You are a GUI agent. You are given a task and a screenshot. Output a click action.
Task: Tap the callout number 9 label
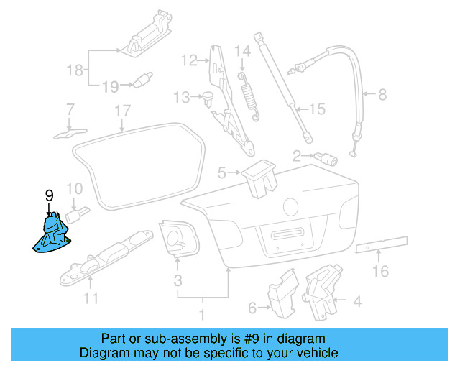tap(49, 195)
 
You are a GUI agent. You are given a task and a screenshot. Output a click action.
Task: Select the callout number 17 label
tap(124, 111)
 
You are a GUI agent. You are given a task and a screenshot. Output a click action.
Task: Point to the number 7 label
tap(70, 110)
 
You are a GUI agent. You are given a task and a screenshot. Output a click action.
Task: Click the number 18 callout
tap(75, 70)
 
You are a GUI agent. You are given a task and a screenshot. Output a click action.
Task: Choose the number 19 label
tap(109, 87)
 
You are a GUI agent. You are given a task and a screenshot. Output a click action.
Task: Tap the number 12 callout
tap(189, 60)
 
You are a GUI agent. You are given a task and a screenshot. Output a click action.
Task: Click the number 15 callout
tap(317, 109)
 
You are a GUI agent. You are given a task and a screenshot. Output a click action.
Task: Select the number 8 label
tap(382, 94)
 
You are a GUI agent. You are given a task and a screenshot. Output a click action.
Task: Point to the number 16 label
tap(380, 271)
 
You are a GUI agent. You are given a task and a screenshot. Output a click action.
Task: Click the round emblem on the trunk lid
tap(292, 207)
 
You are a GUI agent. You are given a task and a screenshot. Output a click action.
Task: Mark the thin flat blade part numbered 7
tap(69, 132)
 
